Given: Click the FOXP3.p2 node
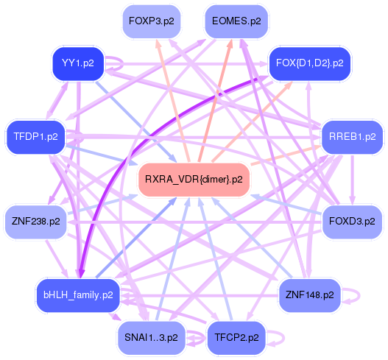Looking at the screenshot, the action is click(x=152, y=21).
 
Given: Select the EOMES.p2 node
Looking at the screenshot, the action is click(x=236, y=21).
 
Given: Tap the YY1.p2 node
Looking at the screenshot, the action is click(x=78, y=63).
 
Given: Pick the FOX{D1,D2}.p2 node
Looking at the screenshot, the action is click(x=309, y=63).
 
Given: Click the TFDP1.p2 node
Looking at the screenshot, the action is click(x=35, y=137).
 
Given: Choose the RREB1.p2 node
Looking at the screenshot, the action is click(x=352, y=137).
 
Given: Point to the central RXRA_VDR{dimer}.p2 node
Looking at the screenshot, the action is click(x=194, y=180).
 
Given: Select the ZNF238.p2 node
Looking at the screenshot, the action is click(x=35, y=222).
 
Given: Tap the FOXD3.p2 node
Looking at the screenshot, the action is click(x=352, y=222).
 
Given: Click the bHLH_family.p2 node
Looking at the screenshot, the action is click(x=78, y=295).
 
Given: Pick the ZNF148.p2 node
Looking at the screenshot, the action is click(x=309, y=295).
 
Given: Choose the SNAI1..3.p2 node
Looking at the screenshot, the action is click(x=151, y=338).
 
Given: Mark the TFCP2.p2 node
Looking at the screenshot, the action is click(x=236, y=338).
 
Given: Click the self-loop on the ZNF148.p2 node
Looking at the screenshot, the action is click(x=359, y=295).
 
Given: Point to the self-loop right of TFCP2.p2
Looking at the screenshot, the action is click(x=283, y=338).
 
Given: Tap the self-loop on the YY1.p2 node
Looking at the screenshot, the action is click(x=122, y=63).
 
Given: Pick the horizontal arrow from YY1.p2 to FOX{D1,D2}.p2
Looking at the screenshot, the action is click(x=186, y=64).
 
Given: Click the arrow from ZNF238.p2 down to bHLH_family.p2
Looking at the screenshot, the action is click(x=57, y=258).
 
